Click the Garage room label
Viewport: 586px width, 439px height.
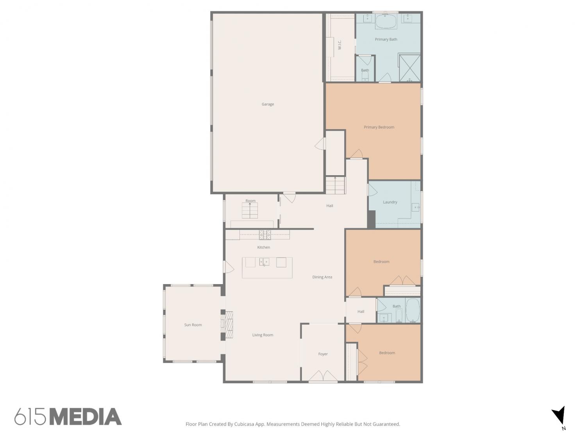tap(268, 104)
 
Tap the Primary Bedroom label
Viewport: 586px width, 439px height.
tap(379, 127)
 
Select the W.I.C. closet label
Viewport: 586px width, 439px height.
tap(339, 45)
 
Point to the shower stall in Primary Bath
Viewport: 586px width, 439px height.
tap(409, 68)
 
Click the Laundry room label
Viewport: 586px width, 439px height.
tap(390, 202)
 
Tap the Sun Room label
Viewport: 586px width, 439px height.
tap(193, 325)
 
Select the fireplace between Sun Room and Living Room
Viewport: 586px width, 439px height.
tap(229, 325)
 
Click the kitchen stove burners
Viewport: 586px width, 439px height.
tap(264, 235)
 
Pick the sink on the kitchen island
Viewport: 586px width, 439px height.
tap(264, 262)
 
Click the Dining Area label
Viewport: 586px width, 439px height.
tap(322, 277)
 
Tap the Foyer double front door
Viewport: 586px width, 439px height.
tap(323, 376)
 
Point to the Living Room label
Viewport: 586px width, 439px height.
tap(263, 335)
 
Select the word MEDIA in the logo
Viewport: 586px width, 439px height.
tap(86, 416)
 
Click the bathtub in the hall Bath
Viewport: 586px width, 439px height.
tap(413, 310)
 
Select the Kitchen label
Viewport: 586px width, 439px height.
tap(263, 247)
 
